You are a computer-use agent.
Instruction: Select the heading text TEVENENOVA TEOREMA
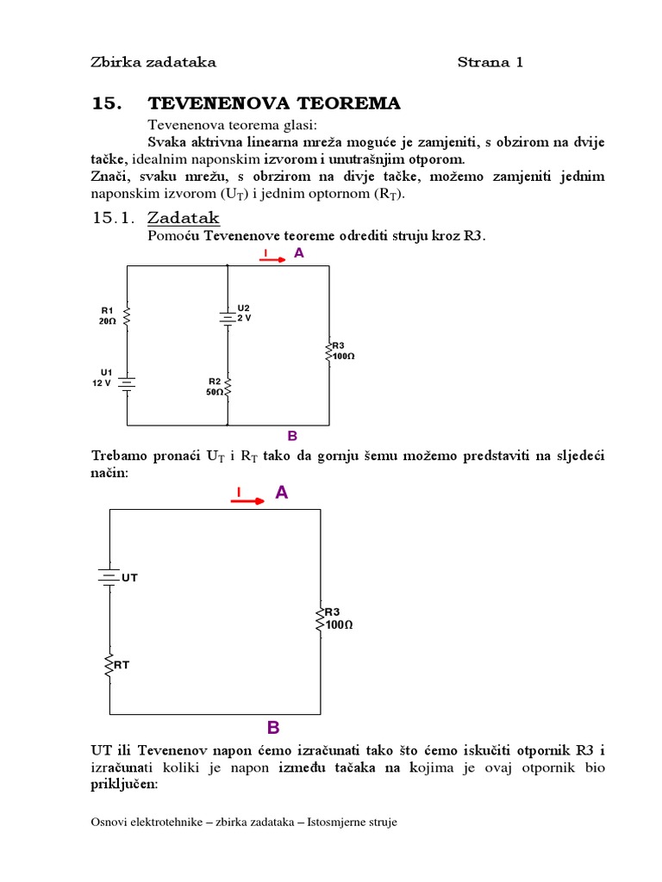tap(274, 104)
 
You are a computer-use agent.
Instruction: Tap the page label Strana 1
tap(490, 62)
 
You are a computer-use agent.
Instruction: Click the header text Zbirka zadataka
tap(153, 62)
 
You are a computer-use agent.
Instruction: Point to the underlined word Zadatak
tap(184, 218)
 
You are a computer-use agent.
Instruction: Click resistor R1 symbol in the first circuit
tap(128, 316)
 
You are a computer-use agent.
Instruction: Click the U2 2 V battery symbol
tap(228, 317)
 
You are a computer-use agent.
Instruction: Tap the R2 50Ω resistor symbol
tap(228, 387)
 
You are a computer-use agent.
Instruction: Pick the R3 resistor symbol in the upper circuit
tap(328, 351)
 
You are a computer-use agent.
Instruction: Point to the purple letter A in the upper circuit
tap(299, 253)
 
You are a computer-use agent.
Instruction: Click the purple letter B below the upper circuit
tap(292, 436)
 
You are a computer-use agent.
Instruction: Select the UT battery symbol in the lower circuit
tap(108, 577)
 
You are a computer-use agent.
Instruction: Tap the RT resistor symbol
tap(109, 666)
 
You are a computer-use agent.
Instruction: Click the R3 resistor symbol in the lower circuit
tap(321, 617)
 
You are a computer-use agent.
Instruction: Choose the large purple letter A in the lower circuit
tap(281, 493)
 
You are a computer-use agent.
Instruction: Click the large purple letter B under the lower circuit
tap(273, 728)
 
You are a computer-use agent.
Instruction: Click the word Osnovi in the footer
tap(110, 823)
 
